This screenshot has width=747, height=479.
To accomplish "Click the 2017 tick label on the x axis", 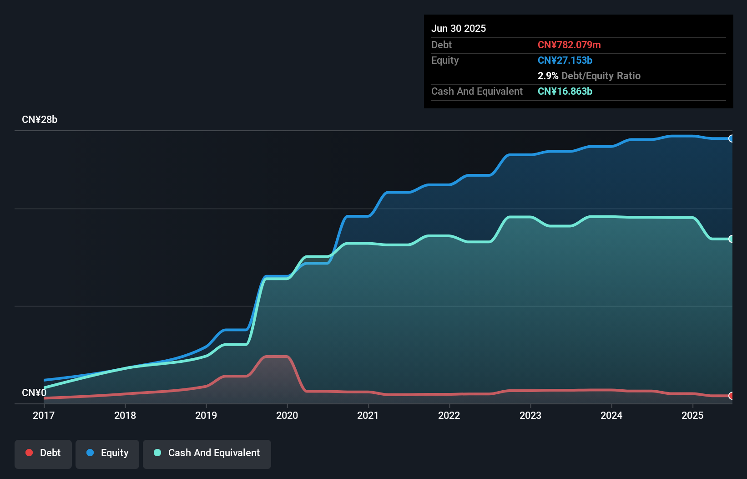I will [44, 415].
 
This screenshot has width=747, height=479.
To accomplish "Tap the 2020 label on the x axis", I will [287, 415].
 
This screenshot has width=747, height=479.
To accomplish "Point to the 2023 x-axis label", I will [530, 415].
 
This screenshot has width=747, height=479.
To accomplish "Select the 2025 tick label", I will [692, 415].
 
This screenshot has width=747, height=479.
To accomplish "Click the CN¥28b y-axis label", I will [40, 120].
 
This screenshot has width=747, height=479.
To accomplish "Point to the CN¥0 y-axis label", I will [34, 392].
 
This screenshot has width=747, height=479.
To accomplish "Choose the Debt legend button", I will [43, 453].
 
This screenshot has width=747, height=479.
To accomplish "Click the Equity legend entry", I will [107, 453].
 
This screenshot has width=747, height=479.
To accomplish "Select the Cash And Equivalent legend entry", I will [207, 453].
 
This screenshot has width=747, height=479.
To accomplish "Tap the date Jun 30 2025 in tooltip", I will [459, 28].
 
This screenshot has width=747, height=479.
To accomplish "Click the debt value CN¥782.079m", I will [569, 45].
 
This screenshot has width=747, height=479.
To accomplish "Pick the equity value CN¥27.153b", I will [565, 60].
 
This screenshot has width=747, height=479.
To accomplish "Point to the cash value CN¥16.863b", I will [565, 91].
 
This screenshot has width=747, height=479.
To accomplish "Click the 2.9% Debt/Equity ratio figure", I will [548, 76].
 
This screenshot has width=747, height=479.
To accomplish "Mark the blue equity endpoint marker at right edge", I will [731, 138].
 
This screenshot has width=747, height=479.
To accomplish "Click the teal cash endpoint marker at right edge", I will [731, 239].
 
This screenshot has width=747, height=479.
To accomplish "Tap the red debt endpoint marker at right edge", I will [731, 396].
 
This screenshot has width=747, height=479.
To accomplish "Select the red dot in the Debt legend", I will [29, 453].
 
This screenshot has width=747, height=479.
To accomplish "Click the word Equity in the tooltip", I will [445, 60].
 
